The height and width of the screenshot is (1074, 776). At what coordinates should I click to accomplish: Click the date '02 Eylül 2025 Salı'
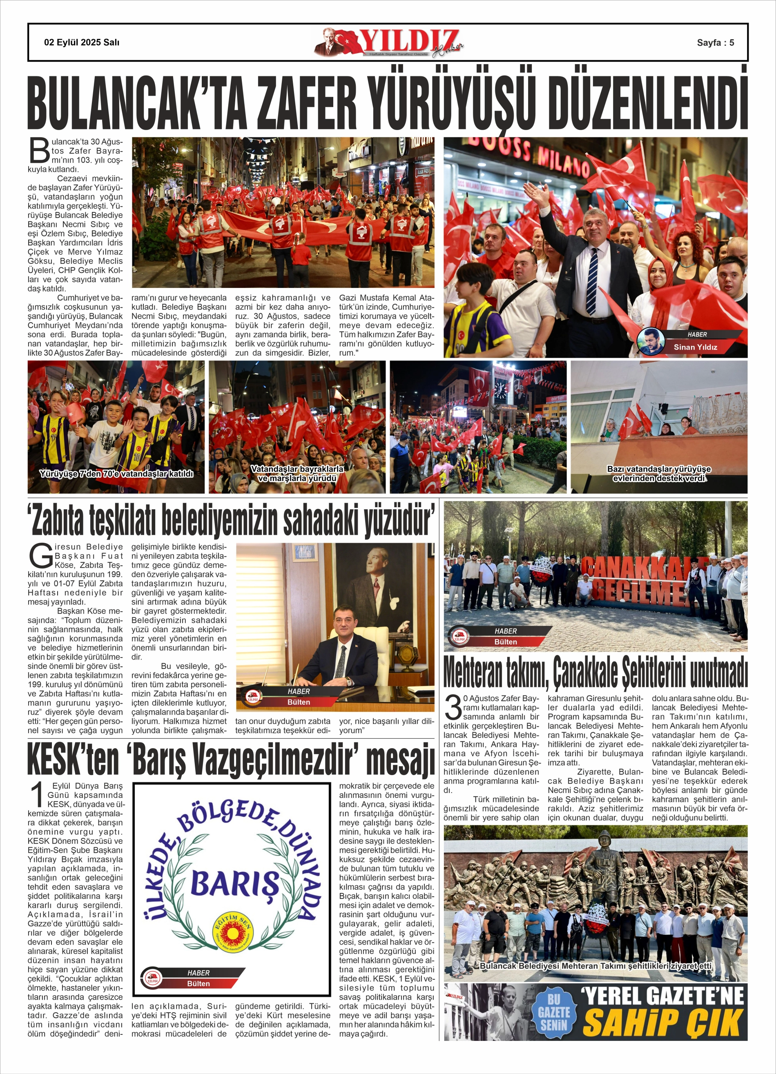tap(82, 42)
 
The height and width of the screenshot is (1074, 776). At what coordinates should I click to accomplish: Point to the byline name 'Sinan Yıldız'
tap(695, 347)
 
